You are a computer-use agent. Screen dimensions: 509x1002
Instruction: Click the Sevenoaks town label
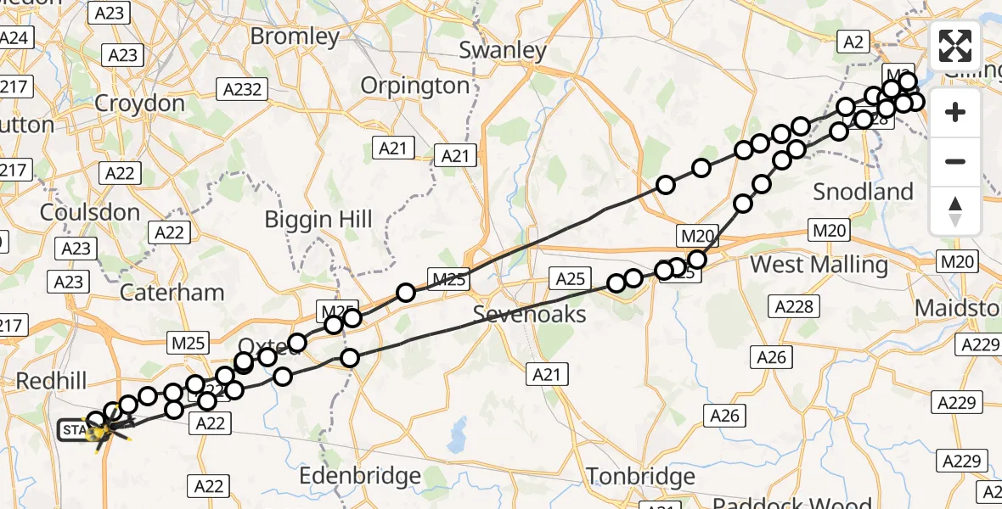pos(529,314)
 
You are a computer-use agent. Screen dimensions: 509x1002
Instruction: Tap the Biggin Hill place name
pos(318,219)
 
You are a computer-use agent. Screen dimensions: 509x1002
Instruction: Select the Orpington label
pos(415,86)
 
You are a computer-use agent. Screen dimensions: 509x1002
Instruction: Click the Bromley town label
pos(295,37)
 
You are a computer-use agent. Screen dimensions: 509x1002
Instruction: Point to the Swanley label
pos(503,50)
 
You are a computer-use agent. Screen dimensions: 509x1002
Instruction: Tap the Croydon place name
pos(140,103)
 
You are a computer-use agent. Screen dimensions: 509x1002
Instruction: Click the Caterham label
pos(172,293)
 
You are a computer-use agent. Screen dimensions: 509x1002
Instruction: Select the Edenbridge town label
pos(361,476)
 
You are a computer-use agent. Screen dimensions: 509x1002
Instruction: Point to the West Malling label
pos(819,265)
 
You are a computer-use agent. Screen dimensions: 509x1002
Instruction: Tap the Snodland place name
pos(863,192)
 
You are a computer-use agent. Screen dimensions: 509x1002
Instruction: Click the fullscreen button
pos(955,46)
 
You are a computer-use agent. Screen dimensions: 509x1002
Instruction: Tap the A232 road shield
pos(241,89)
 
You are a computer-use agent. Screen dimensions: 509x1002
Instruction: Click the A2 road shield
pos(853,42)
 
